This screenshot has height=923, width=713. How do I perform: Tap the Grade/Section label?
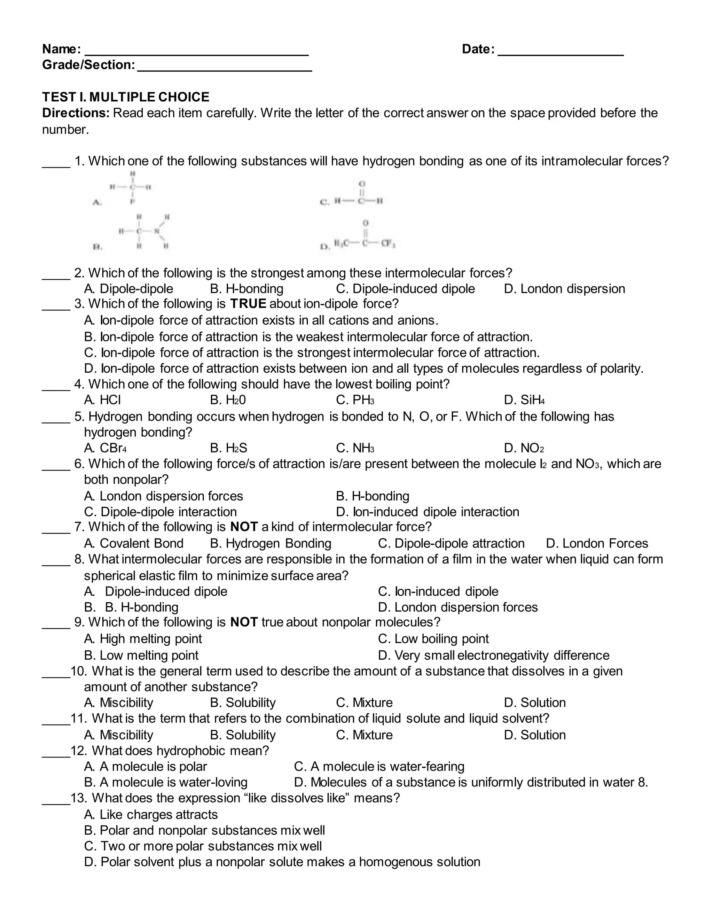click(x=88, y=65)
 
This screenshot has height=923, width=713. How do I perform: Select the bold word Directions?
click(x=76, y=113)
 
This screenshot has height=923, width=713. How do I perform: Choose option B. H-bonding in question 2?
click(x=247, y=289)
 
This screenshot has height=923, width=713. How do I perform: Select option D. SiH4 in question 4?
click(x=524, y=400)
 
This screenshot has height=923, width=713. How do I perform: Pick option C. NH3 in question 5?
click(x=355, y=448)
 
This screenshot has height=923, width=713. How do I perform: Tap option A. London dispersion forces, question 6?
click(x=164, y=496)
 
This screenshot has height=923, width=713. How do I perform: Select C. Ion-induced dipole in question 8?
click(x=438, y=592)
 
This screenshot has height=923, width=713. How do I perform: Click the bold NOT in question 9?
click(x=244, y=622)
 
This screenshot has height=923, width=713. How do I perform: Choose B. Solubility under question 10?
click(x=243, y=703)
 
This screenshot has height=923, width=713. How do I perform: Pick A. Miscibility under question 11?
click(x=119, y=735)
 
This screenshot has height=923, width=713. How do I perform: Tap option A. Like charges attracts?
click(x=151, y=815)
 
